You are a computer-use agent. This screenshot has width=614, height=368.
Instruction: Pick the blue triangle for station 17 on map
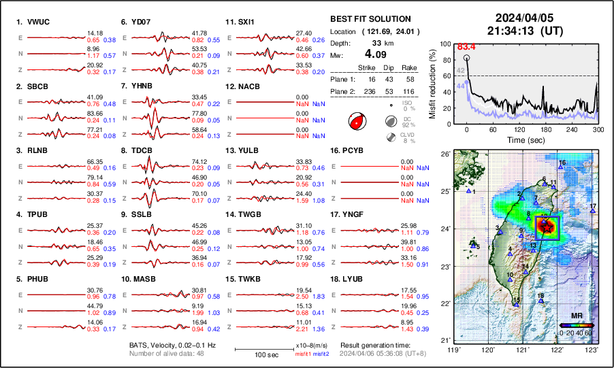coord(593,212)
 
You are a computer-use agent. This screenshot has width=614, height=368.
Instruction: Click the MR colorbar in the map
coord(576,326)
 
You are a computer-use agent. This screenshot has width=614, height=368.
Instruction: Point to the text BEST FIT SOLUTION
coord(370,19)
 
